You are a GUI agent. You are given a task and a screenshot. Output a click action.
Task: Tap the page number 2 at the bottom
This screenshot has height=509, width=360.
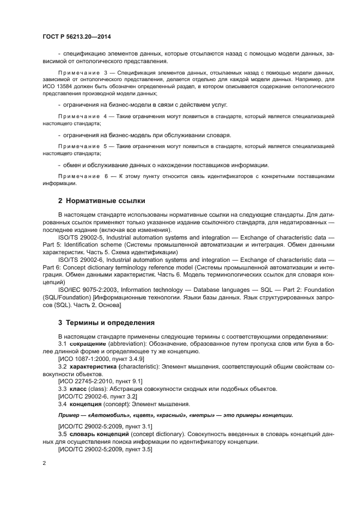click(44, 463)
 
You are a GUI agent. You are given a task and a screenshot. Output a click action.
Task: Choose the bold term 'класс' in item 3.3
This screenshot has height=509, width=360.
click(78, 389)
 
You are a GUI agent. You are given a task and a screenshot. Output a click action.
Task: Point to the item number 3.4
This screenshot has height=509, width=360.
click(62, 404)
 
